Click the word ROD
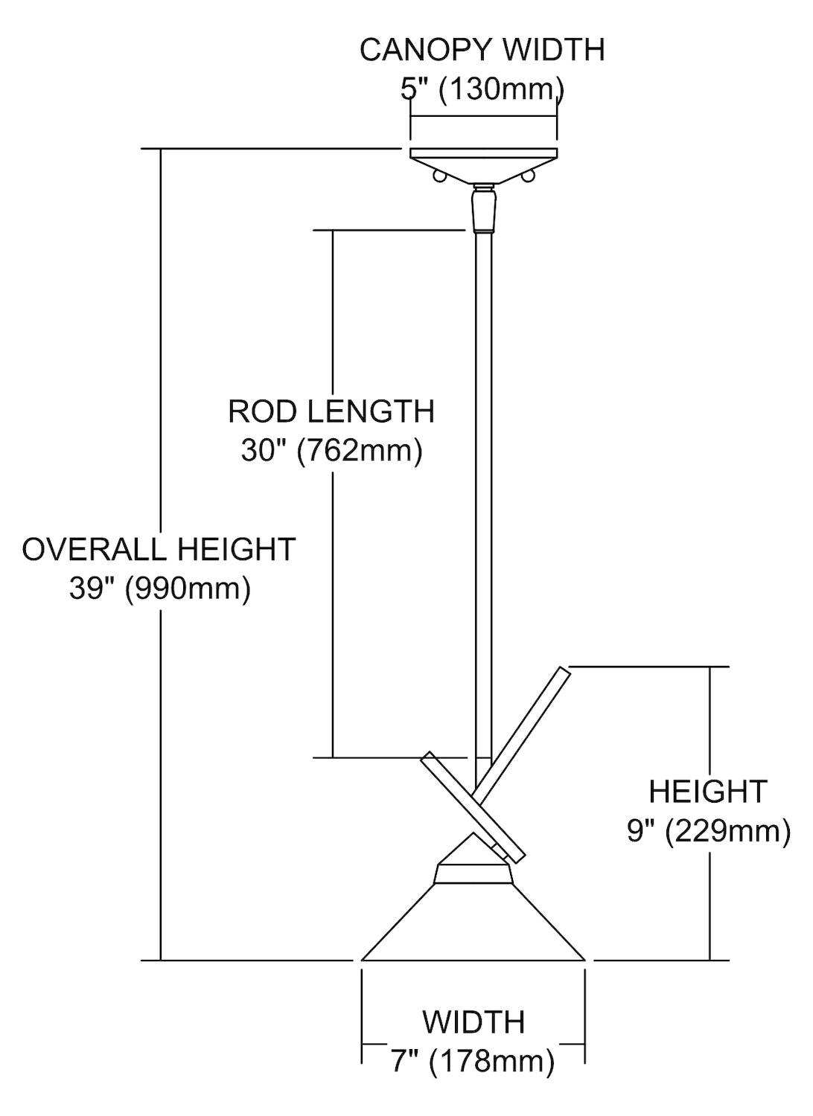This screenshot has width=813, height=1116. (261, 411)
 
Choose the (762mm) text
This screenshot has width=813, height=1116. (360, 450)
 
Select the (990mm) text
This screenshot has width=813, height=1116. (188, 589)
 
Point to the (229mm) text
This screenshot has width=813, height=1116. (727, 830)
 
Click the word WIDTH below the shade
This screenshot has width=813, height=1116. (474, 1022)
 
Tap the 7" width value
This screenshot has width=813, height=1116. (403, 1061)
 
